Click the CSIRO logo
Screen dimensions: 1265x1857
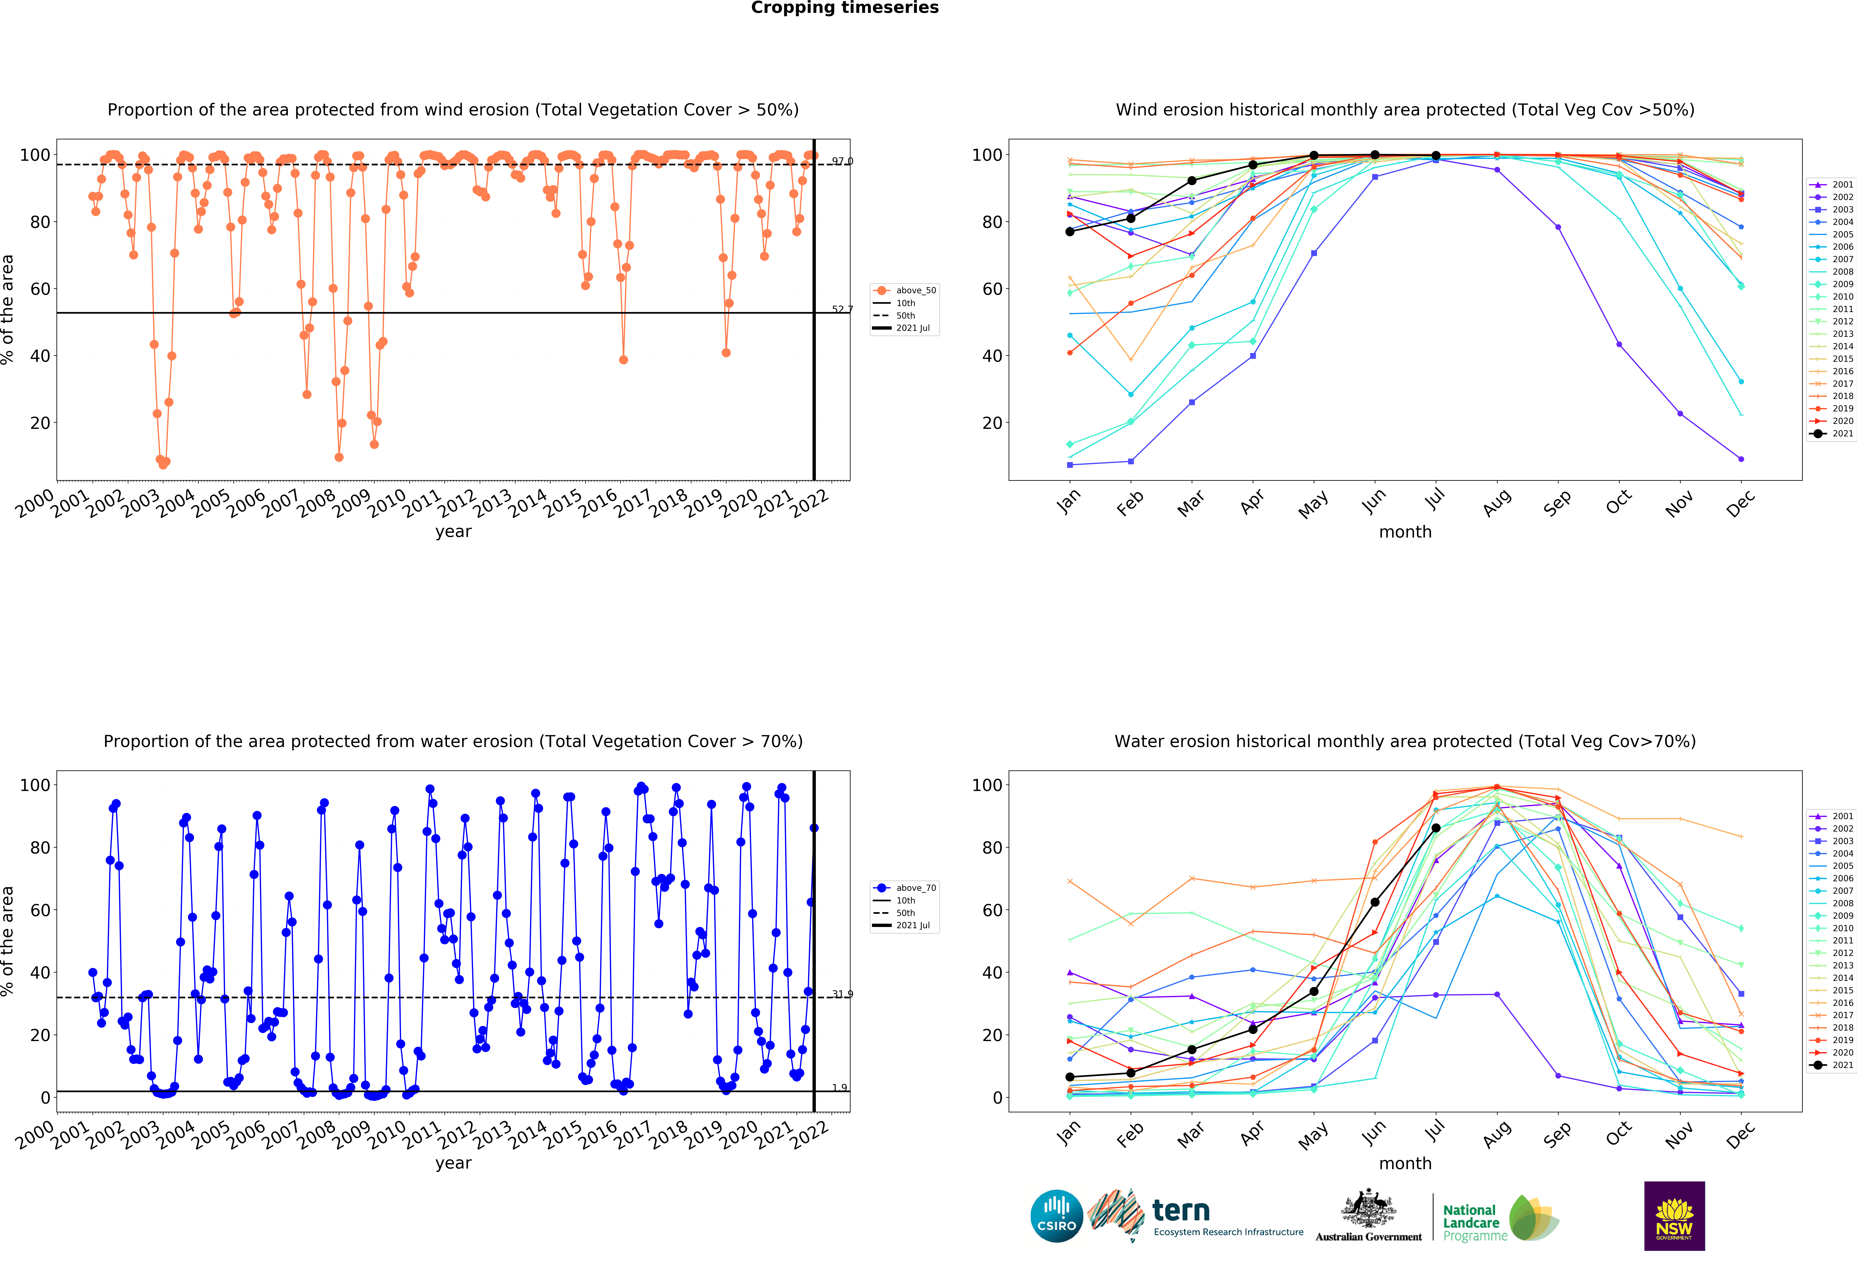pos(1056,1216)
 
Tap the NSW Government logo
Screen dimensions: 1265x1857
pos(1674,1216)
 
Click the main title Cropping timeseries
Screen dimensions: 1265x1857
pos(845,8)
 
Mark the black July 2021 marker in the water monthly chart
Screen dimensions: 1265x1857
pos(1436,828)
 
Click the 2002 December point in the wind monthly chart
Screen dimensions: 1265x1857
pos(1741,459)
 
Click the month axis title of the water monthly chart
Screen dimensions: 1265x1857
pos(1405,1164)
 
